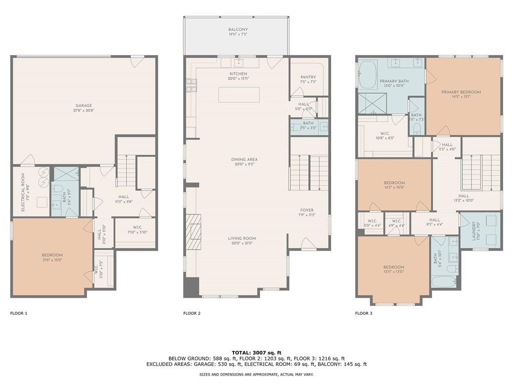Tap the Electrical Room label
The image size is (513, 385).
[23, 186]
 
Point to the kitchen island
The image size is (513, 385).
[239, 95]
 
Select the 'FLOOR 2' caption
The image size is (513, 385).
[192, 313]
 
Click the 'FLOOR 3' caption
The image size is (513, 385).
[364, 313]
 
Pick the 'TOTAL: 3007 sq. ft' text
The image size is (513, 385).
[256, 352]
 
